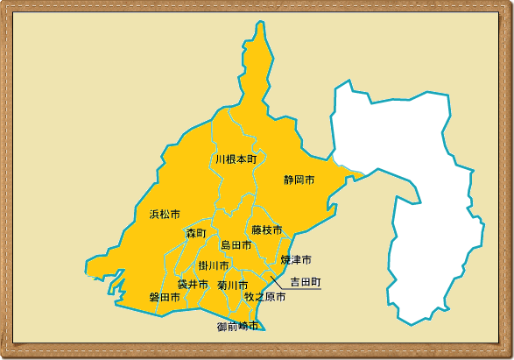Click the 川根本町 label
pyautogui.click(x=236, y=159)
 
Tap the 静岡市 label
pyautogui.click(x=299, y=180)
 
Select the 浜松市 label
pyautogui.click(x=165, y=215)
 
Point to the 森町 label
pyautogui.click(x=195, y=234)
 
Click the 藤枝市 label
pyautogui.click(x=267, y=230)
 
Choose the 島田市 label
pyautogui.click(x=236, y=246)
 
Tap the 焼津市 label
pyautogui.click(x=296, y=260)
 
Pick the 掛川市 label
pyautogui.click(x=214, y=266)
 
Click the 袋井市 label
pyautogui.click(x=193, y=285)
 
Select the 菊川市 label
pyautogui.click(x=233, y=286)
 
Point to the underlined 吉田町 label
pyautogui.click(x=306, y=283)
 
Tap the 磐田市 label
pyautogui.click(x=165, y=298)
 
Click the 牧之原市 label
pyautogui.click(x=265, y=298)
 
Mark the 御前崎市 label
pyautogui.click(x=238, y=327)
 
